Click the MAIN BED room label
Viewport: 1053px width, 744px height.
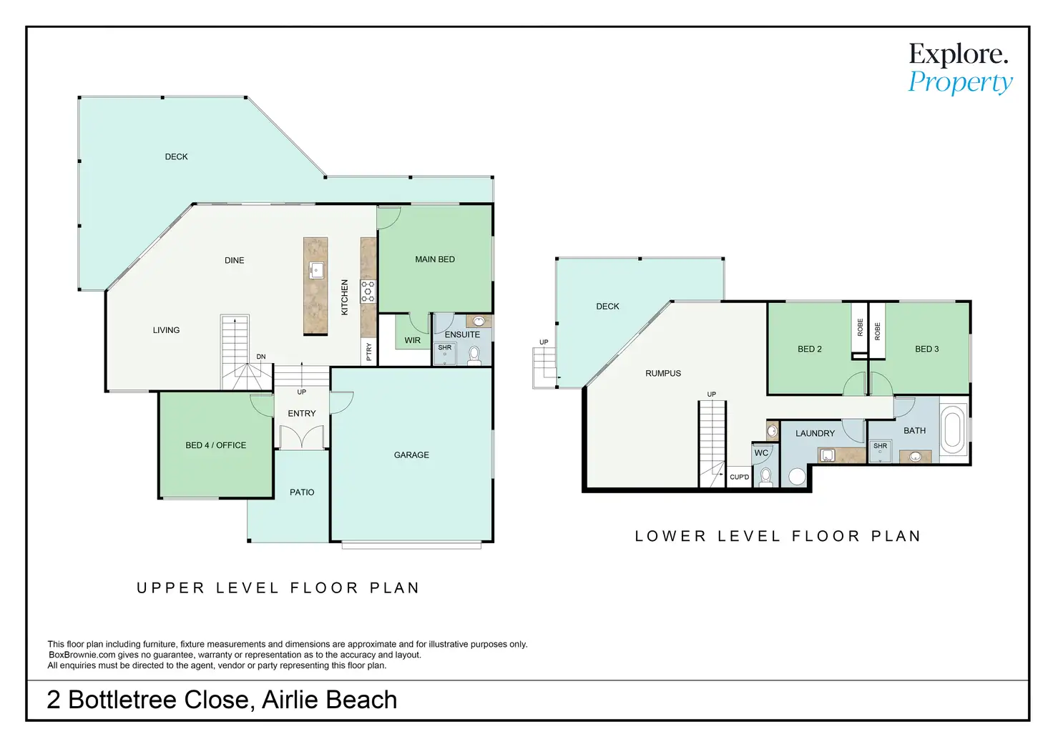435,259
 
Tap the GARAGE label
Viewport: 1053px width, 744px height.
411,455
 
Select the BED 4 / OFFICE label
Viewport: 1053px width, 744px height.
215,445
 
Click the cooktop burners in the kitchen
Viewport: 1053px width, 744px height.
368,292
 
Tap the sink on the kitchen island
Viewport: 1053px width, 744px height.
315,270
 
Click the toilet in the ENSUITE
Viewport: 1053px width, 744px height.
474,354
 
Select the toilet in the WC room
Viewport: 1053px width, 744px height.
765,477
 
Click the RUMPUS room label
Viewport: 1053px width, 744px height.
663,373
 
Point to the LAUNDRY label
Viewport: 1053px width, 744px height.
815,433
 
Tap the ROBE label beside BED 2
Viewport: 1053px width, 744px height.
860,328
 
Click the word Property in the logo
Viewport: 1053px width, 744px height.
961,83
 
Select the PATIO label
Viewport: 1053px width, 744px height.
302,492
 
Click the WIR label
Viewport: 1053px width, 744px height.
413,340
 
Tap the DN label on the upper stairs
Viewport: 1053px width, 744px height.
261,357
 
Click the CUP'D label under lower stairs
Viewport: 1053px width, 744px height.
740,477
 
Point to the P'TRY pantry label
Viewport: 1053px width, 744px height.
369,352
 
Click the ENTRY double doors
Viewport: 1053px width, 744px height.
301,437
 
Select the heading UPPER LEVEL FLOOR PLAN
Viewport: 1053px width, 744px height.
278,588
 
